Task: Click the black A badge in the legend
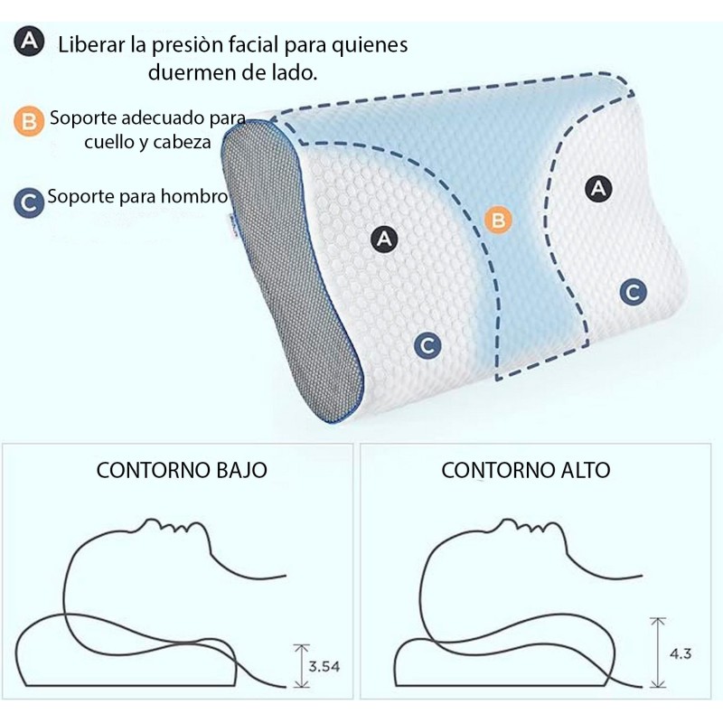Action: pos(29,41)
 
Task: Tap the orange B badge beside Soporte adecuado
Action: pos(29,122)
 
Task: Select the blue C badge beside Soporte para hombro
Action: pos(29,202)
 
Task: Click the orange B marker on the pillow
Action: pos(498,220)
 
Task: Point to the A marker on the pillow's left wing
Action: pos(385,239)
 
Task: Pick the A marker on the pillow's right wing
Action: pos(598,188)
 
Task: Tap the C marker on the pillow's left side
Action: pos(427,346)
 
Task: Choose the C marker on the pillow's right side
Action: pos(634,292)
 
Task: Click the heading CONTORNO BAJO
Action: pos(182,470)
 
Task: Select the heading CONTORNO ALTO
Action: pos(526,470)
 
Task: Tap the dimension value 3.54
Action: pos(324,666)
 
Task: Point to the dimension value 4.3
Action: pos(681,653)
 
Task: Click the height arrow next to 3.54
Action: pos(302,666)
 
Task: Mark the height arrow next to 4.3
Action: pos(658,653)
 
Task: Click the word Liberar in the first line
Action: pos(92,45)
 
